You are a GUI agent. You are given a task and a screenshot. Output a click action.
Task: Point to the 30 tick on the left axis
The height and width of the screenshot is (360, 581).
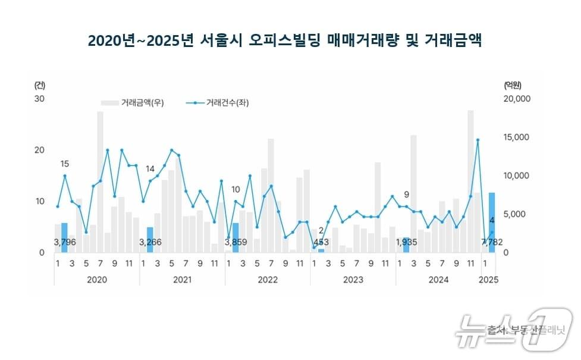coord(40,98)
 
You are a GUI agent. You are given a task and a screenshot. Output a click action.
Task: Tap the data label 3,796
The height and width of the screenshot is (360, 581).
coord(65,242)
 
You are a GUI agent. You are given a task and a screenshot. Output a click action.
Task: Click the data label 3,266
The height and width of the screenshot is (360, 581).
coord(150,242)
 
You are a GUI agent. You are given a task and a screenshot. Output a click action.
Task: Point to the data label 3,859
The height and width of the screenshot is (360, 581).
coord(236,242)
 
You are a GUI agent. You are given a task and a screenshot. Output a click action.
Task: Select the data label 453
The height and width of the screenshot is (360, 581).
coord(322,242)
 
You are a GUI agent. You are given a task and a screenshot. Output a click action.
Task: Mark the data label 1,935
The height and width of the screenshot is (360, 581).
coord(407,242)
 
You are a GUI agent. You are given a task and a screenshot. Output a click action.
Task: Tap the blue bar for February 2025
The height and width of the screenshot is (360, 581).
coord(492,222)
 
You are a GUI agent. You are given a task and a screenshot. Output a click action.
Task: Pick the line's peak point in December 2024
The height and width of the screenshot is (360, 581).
coord(478,140)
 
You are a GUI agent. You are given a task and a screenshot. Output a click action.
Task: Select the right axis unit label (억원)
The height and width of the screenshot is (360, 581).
coord(512,84)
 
